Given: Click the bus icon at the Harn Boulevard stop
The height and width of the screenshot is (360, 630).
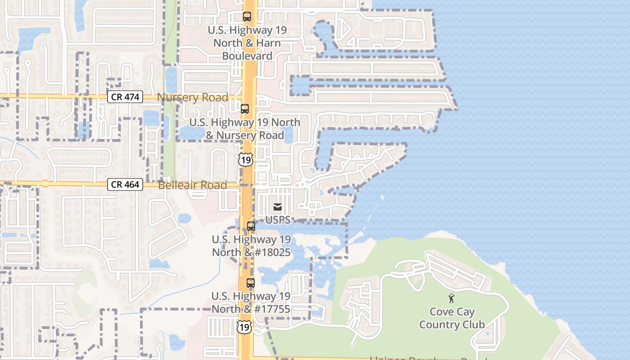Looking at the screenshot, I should click(247, 17).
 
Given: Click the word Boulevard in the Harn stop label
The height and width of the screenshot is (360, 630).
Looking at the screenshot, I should click(247, 56).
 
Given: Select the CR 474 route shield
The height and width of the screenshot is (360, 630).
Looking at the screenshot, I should click(125, 97).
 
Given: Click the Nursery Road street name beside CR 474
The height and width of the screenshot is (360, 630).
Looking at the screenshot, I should click(193, 97).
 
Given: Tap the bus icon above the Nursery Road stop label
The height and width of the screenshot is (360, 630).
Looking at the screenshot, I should click(245, 109).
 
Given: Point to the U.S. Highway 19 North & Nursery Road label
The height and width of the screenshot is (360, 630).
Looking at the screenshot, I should click(245, 129).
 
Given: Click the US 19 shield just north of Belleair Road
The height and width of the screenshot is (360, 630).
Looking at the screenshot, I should click(246, 160).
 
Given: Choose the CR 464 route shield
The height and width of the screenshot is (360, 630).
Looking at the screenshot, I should click(125, 184).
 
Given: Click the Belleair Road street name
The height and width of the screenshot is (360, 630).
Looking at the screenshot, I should click(193, 185).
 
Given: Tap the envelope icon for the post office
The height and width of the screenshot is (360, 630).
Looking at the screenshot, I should click(278, 207).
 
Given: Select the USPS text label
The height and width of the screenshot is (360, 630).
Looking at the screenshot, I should click(278, 220).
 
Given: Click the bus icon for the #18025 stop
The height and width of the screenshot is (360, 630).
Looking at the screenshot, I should click(251, 226).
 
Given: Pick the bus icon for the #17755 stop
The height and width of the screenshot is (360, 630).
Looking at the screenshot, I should click(251, 283).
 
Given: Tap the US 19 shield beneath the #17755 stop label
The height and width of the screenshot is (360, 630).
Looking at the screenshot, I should click(244, 327).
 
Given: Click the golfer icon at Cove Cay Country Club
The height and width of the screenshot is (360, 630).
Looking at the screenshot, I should click(451, 298).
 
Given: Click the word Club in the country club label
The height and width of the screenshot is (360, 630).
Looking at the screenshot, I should click(473, 324).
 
